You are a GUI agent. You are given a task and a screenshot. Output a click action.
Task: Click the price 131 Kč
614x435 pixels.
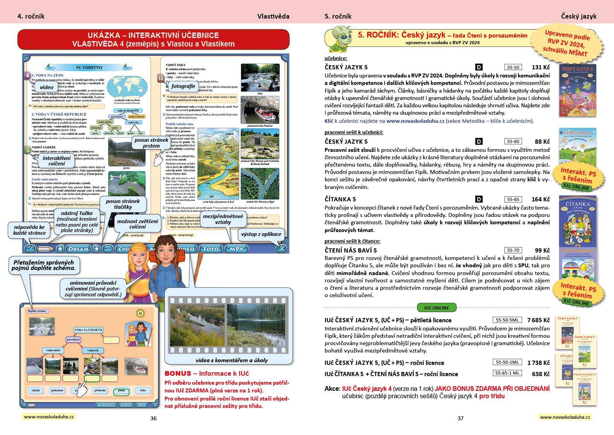click(540, 67)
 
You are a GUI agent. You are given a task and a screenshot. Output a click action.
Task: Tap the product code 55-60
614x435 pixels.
click(513, 141)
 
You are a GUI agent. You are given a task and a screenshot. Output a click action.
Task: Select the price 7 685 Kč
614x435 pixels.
click(538, 320)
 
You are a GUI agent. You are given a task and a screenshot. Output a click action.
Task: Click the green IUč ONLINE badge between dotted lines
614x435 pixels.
click(437, 308)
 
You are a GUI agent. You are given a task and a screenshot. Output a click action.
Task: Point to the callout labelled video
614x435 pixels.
click(46, 87)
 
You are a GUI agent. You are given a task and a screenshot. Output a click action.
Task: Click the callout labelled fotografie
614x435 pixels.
click(183, 86)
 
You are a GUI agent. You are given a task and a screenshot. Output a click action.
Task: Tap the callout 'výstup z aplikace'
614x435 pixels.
click(261, 234)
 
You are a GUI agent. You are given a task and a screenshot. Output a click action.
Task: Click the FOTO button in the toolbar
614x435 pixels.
click(211, 249)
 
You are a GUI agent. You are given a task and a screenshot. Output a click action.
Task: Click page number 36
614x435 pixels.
click(154, 418)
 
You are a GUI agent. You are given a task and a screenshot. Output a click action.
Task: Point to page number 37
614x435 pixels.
click(460, 418)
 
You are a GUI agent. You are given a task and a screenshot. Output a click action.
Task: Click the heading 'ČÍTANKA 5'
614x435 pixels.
click(340, 199)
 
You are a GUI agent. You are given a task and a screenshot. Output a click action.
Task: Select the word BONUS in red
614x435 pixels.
click(178, 373)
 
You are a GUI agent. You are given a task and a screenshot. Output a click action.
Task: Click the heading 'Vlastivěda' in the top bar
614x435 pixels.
click(273, 16)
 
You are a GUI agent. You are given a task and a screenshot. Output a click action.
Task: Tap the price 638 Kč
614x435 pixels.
click(540, 374)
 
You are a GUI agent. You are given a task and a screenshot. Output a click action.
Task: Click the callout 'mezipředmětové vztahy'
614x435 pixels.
click(223, 219)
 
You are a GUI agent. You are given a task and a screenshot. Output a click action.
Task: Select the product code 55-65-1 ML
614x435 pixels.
click(507, 373)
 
